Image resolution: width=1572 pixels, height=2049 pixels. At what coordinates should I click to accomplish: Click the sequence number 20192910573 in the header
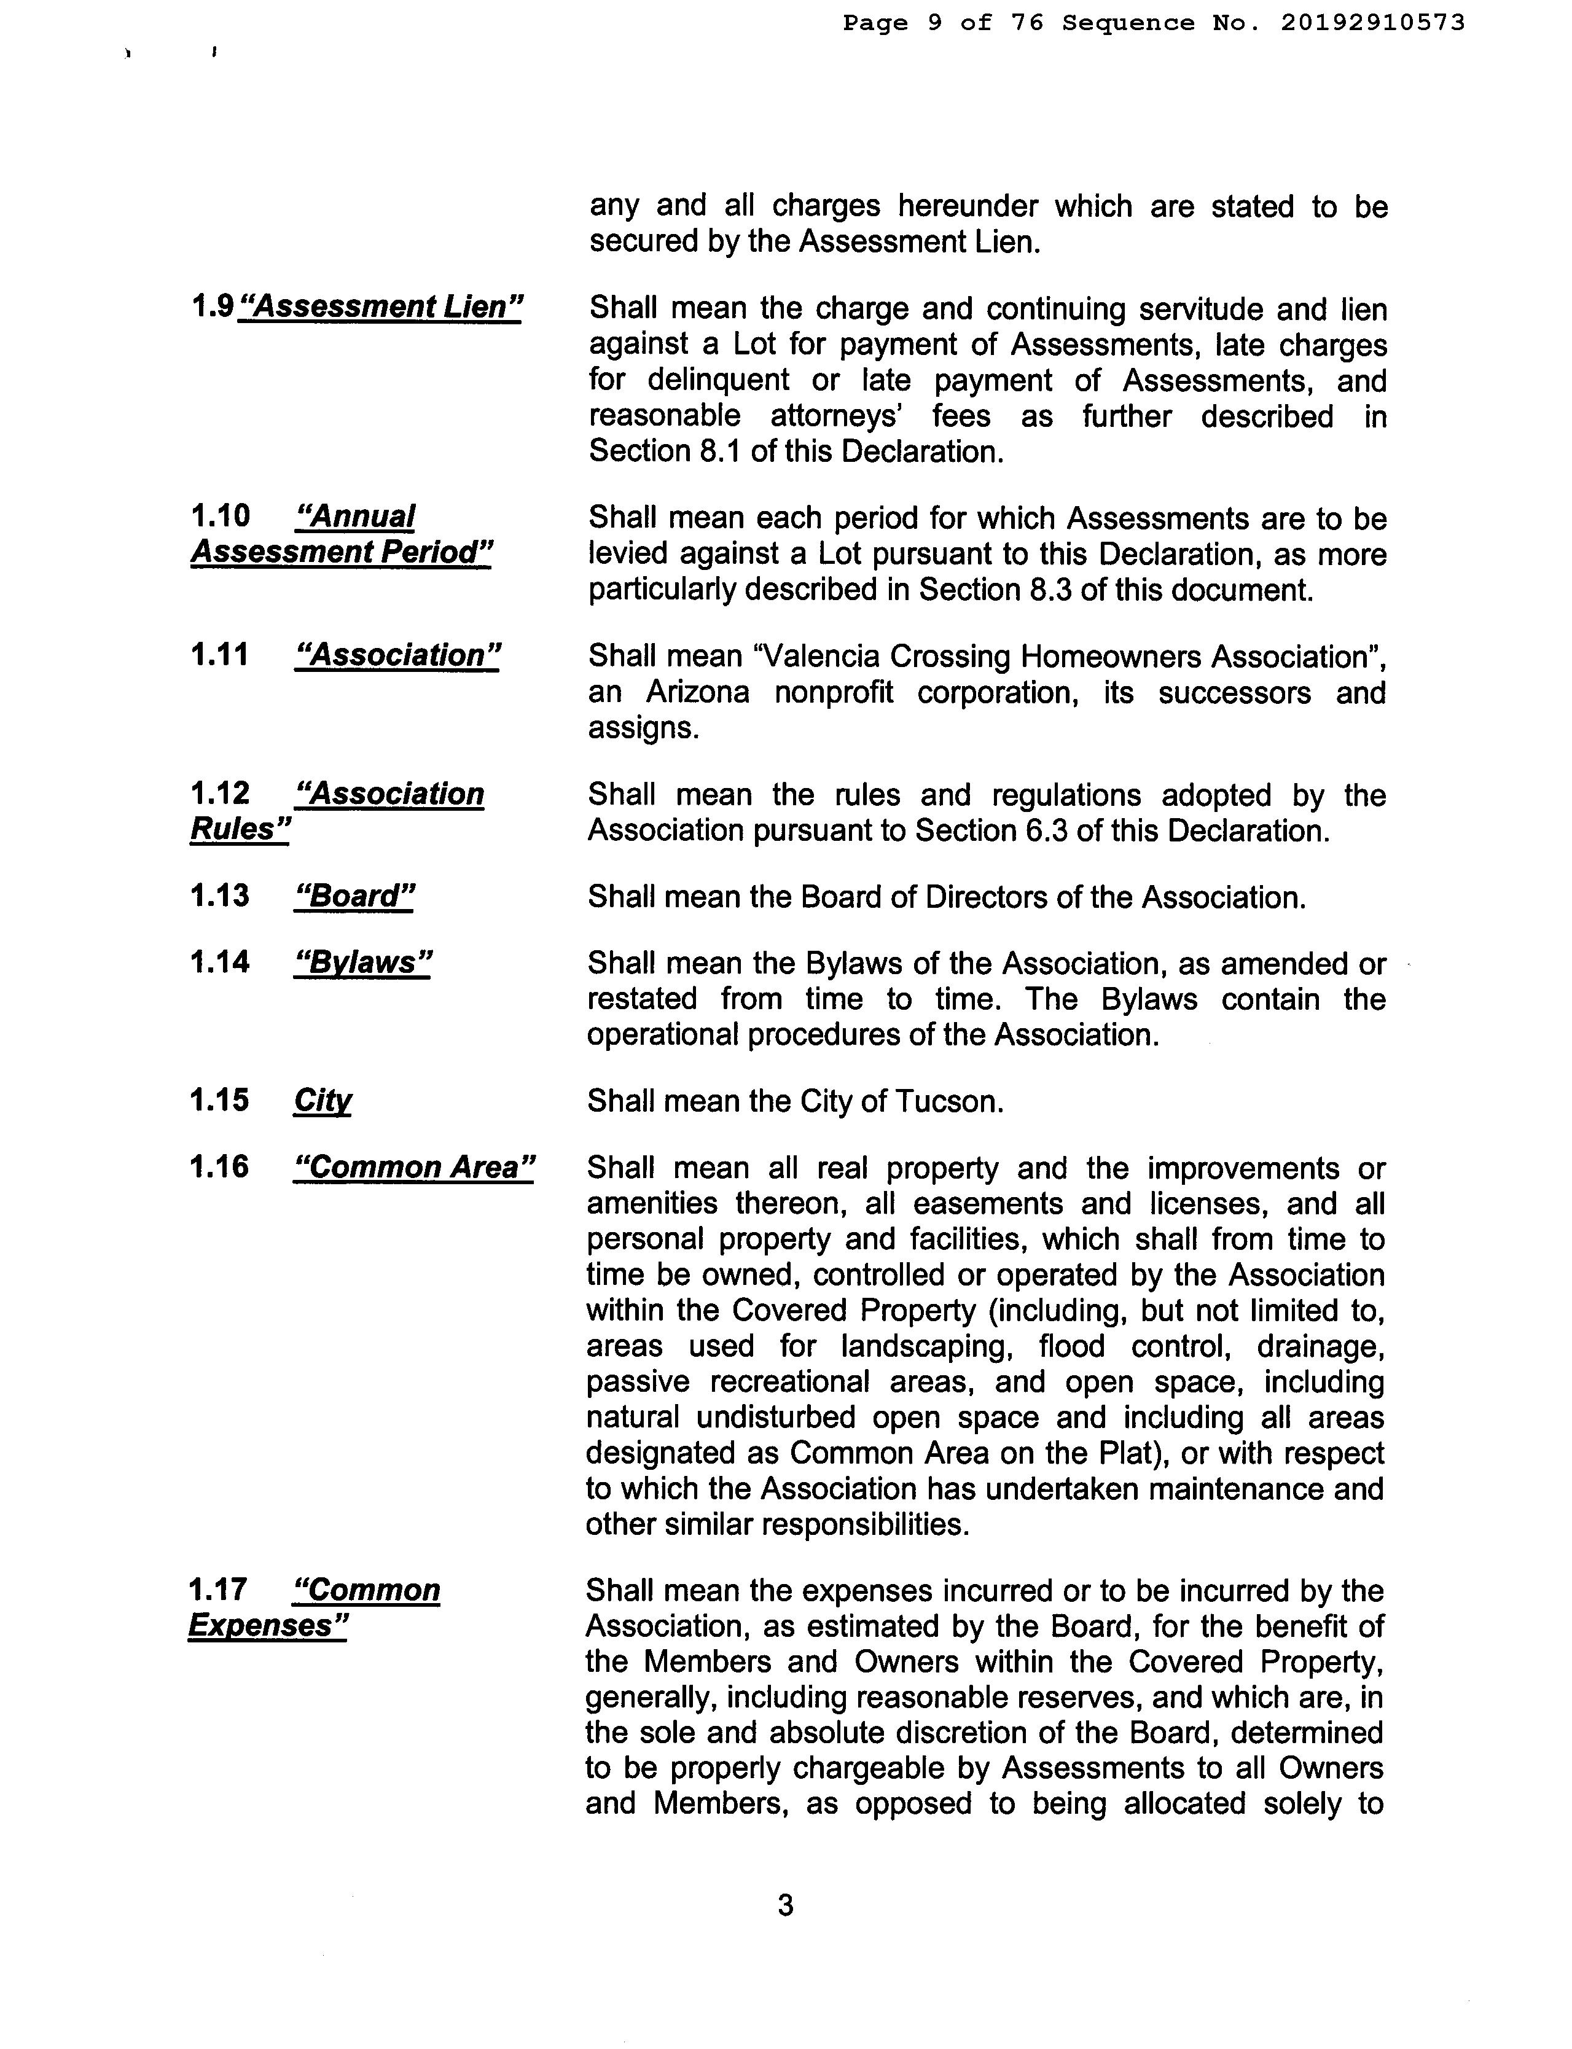click(1372, 23)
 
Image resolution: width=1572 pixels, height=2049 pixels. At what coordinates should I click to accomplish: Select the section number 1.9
click(211, 306)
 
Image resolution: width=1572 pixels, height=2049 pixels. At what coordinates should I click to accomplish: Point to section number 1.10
click(221, 515)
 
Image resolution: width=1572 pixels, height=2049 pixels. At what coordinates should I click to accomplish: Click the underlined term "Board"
click(354, 896)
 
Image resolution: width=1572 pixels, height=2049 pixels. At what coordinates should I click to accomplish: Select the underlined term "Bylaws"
click(362, 962)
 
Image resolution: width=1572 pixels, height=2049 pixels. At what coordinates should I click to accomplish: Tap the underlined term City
click(323, 1100)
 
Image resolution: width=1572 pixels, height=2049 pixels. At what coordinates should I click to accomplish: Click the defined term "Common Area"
click(413, 1168)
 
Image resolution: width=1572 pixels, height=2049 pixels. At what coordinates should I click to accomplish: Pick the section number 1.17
click(219, 1590)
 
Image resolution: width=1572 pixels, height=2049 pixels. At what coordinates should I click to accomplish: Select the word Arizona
click(697, 692)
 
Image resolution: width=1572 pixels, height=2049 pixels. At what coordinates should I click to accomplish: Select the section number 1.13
click(221, 896)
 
